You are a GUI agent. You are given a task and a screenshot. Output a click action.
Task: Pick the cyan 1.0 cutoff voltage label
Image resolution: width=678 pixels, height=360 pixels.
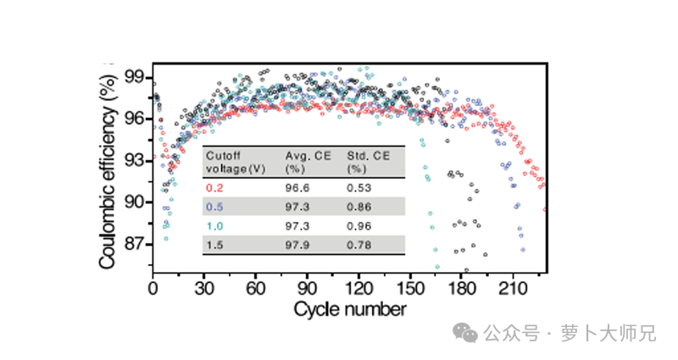214,226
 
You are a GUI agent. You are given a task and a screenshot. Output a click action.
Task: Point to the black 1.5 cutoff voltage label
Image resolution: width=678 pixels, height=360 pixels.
214,246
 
